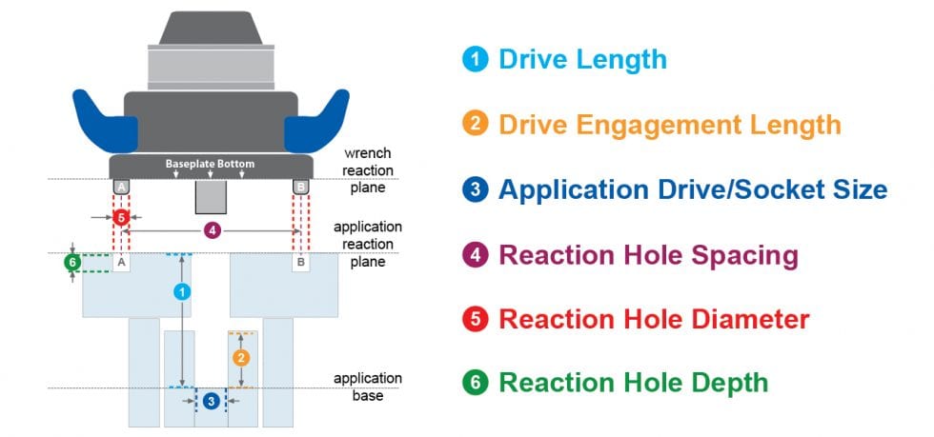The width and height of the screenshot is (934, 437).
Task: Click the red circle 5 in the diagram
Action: [x=120, y=218]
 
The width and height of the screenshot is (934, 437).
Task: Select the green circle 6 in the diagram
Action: [x=71, y=263]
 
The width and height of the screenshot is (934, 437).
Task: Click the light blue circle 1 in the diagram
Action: [x=181, y=292]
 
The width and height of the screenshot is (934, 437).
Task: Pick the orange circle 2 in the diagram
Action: [x=241, y=358]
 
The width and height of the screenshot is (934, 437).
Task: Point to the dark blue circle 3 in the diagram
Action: [x=211, y=401]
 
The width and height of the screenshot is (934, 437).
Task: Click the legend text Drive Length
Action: [x=581, y=59]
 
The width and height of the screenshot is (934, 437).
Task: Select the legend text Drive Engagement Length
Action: [x=669, y=124]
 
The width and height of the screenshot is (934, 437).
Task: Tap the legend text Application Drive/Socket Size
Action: [x=692, y=189]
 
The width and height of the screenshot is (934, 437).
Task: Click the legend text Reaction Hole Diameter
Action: [x=654, y=318]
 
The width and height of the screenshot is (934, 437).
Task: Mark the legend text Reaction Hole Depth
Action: [x=633, y=383]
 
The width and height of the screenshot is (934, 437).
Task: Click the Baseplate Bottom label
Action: [x=210, y=165]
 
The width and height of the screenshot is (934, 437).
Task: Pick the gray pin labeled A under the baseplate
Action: [x=121, y=188]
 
